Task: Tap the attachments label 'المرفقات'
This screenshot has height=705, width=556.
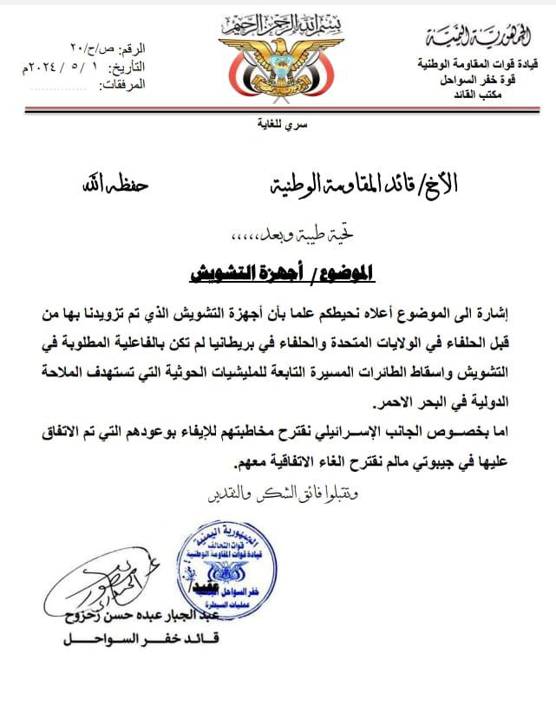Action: click(x=124, y=84)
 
